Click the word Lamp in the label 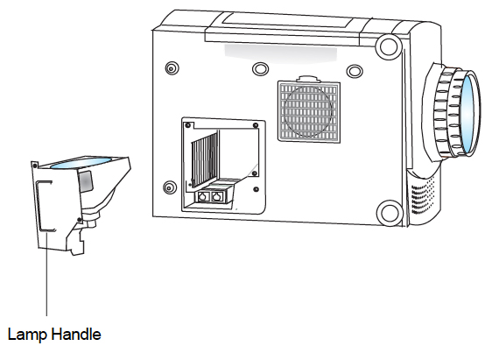coord(27,335)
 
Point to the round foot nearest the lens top coord(389,46)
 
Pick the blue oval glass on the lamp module coord(81,163)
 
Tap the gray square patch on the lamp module coord(85,181)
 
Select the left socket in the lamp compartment coord(202,197)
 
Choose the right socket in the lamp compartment coord(216,197)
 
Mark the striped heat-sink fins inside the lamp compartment coord(205,159)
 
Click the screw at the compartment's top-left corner coord(187,125)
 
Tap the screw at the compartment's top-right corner coord(256,125)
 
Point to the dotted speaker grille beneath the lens coord(423,195)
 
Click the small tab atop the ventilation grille coord(308,79)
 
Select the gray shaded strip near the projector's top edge coord(280,53)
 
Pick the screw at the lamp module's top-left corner coord(35,165)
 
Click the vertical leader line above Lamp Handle coord(46,274)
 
